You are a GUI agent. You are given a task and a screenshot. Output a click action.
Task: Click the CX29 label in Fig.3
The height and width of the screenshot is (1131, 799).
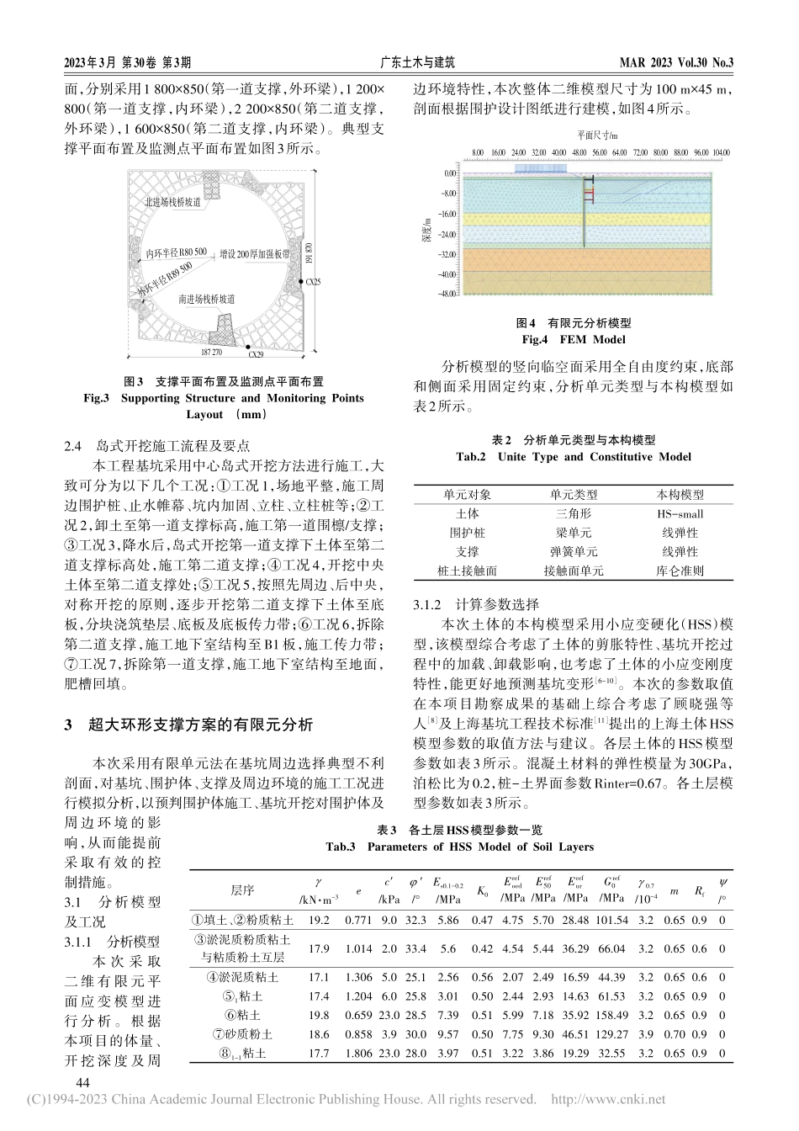256,355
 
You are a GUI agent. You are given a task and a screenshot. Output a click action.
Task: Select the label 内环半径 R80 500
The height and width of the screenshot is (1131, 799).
175,252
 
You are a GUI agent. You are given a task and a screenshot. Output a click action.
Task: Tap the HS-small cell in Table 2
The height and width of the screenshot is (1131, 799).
680,513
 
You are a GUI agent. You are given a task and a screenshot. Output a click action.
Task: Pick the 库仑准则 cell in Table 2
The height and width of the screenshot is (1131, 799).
680,571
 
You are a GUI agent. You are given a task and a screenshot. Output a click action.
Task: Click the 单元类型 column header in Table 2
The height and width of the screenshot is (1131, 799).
574,495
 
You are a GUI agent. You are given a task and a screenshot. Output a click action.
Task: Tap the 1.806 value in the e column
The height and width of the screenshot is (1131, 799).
358,1053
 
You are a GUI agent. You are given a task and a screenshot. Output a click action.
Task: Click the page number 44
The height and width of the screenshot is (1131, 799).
83,1081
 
